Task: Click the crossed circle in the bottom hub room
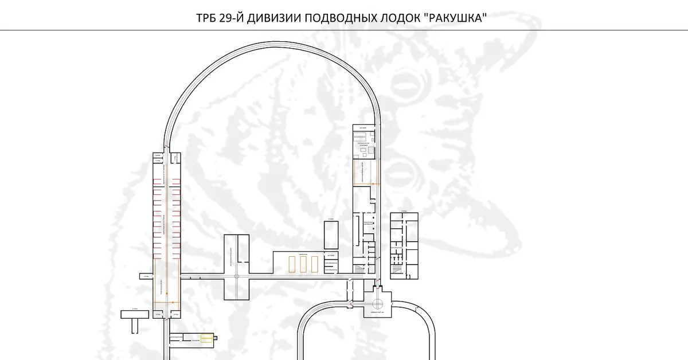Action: (378, 304)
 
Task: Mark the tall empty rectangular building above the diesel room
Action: (331, 236)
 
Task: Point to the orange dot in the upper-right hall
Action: (374, 183)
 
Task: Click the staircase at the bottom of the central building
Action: (360, 268)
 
